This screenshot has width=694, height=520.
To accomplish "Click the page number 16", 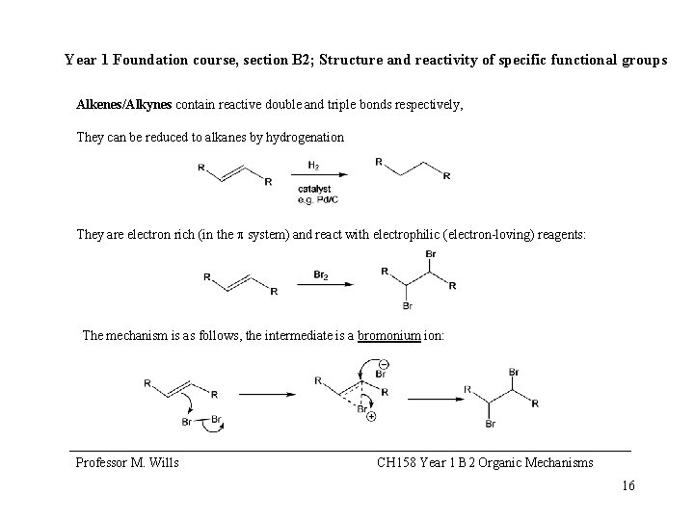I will [x=628, y=485].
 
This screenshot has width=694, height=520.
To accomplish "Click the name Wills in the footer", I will [x=162, y=463].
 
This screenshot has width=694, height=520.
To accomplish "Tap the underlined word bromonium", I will [x=389, y=336].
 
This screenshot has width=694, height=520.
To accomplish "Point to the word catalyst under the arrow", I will [x=316, y=190].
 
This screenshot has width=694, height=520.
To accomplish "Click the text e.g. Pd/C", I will [x=317, y=199].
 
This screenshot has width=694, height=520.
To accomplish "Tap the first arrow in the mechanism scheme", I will [x=266, y=393].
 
